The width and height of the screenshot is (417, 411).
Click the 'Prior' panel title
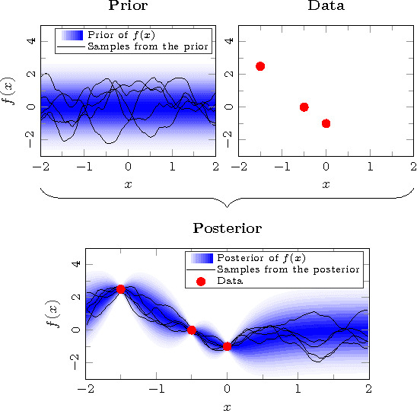click(x=128, y=7)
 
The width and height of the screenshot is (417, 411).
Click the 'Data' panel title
click(x=326, y=7)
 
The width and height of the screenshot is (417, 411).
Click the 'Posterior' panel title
click(x=227, y=228)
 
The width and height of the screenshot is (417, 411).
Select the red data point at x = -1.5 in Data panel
click(x=260, y=66)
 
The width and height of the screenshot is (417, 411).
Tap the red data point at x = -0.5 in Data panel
click(x=304, y=107)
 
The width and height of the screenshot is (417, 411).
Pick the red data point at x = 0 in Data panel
click(x=326, y=123)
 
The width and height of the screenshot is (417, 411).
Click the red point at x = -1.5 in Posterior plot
click(x=121, y=289)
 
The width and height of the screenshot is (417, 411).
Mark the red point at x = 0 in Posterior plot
click(x=228, y=346)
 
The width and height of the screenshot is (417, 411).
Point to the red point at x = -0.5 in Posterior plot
click(x=192, y=330)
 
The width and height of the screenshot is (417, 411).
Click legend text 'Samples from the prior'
click(x=148, y=46)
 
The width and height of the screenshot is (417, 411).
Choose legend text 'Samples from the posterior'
click(x=288, y=269)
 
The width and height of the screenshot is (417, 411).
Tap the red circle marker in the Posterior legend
click(x=201, y=282)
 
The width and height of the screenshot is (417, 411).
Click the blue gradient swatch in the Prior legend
click(x=72, y=35)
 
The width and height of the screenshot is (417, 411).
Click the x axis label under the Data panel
click(x=326, y=184)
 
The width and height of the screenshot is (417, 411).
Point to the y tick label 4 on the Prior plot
click(x=31, y=41)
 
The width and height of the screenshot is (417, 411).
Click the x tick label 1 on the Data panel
click(x=370, y=167)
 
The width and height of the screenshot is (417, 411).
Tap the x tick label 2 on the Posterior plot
click(x=368, y=388)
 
